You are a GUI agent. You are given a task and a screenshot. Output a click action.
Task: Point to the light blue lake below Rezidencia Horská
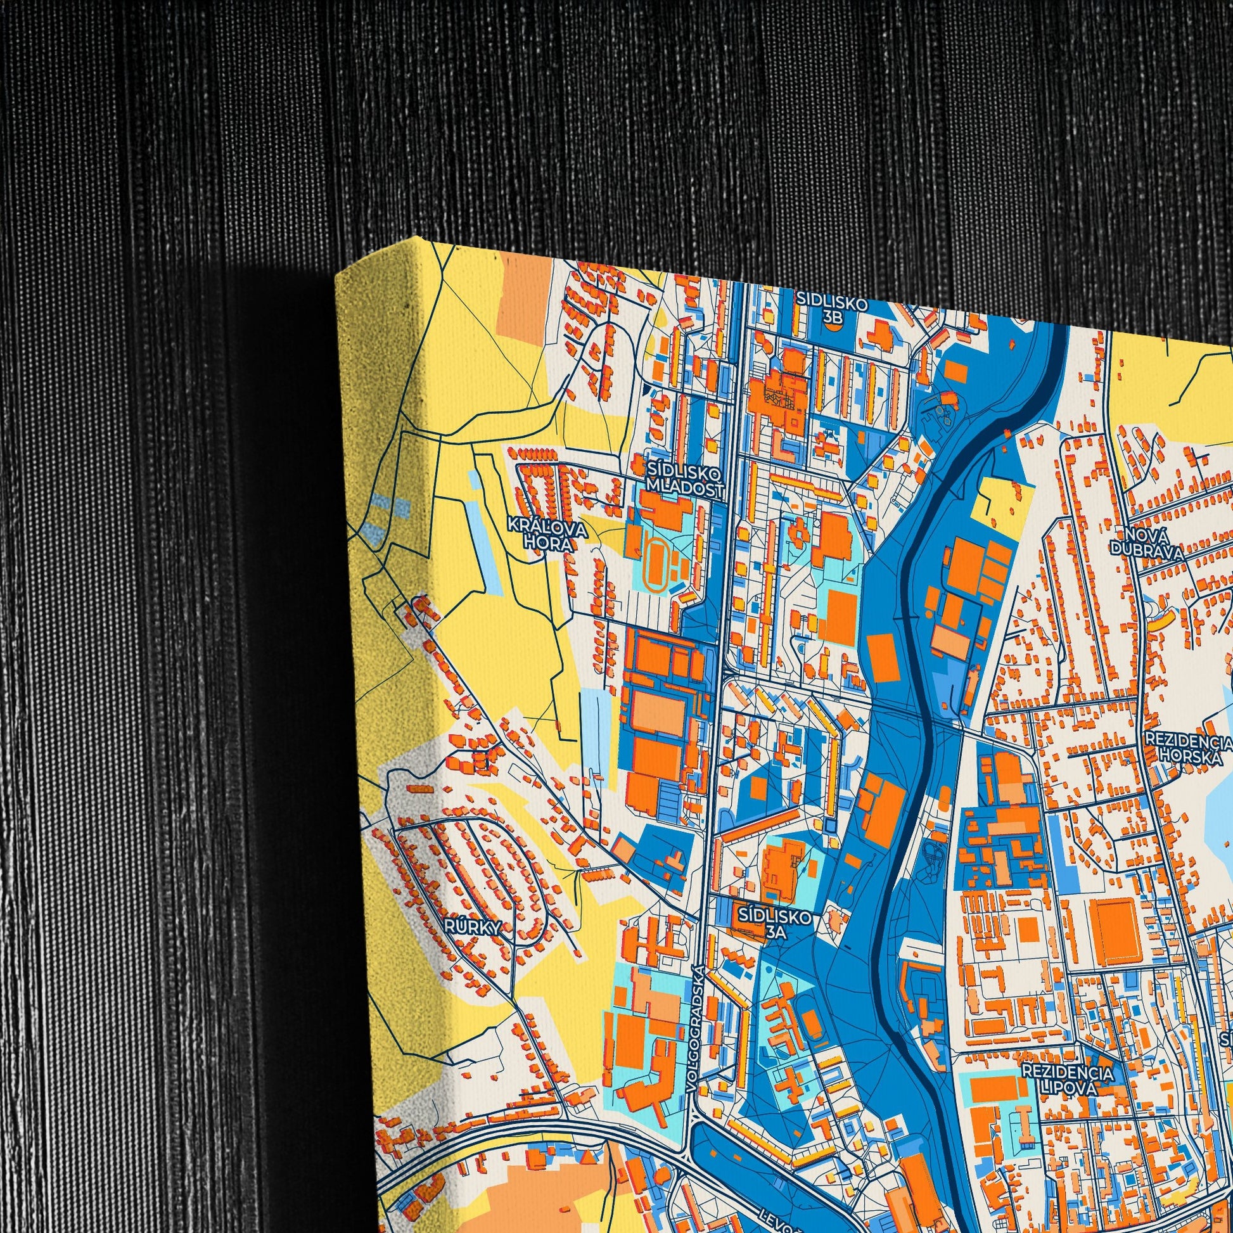click(1213, 829)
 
